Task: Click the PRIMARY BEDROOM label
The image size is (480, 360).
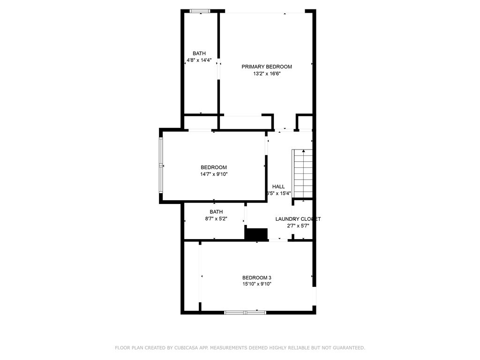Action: tap(266, 67)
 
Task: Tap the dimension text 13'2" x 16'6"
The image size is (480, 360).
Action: tap(266, 74)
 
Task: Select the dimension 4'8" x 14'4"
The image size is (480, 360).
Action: tap(199, 60)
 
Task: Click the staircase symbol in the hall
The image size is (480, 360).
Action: tap(302, 173)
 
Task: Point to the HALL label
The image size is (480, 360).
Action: tap(278, 187)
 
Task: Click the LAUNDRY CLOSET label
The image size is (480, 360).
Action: tap(298, 219)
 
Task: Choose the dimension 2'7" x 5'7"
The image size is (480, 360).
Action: tap(298, 226)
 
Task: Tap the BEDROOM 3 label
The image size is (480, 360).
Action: tap(256, 277)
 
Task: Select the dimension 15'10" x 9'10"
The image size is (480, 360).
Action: tap(256, 284)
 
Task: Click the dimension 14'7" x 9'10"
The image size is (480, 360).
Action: tap(214, 174)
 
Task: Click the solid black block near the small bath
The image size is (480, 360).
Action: tap(256, 234)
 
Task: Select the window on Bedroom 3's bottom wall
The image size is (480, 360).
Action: tap(245, 312)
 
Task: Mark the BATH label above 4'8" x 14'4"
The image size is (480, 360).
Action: tap(199, 53)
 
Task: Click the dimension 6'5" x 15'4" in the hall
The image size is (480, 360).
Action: tap(278, 193)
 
